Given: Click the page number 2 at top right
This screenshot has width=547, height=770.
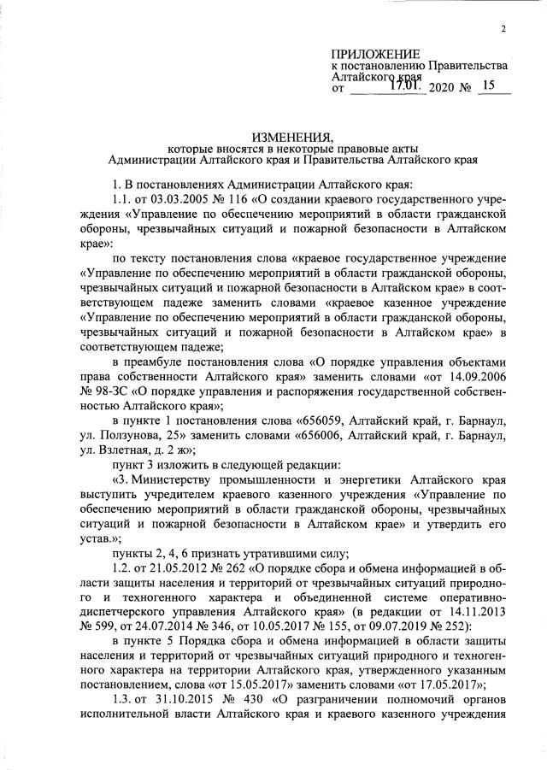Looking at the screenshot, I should point(504,29).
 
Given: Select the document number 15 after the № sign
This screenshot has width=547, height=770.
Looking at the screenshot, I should point(489,85).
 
